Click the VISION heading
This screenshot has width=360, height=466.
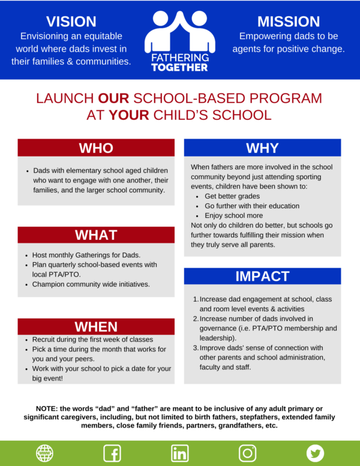pyautogui.click(x=71, y=22)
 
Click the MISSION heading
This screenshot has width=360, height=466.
pyautogui.click(x=289, y=22)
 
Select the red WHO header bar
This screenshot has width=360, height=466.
pyautogui.click(x=96, y=148)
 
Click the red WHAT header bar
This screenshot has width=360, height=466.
pyautogui.click(x=96, y=235)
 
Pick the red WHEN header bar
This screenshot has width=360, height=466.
pyautogui.click(x=96, y=327)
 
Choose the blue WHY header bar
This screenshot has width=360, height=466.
pyautogui.click(x=262, y=148)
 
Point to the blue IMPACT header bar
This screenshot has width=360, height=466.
pyautogui.click(x=262, y=276)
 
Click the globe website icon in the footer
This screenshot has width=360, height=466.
pyautogui.click(x=44, y=453)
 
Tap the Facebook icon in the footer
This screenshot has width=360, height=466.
pyautogui.click(x=112, y=453)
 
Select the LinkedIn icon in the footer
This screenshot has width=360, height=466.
pyautogui.click(x=180, y=453)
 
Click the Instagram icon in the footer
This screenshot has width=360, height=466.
pyautogui.click(x=248, y=453)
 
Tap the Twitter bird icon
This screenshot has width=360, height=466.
pyautogui.click(x=316, y=453)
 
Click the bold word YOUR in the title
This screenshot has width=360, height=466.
pyautogui.click(x=128, y=115)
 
